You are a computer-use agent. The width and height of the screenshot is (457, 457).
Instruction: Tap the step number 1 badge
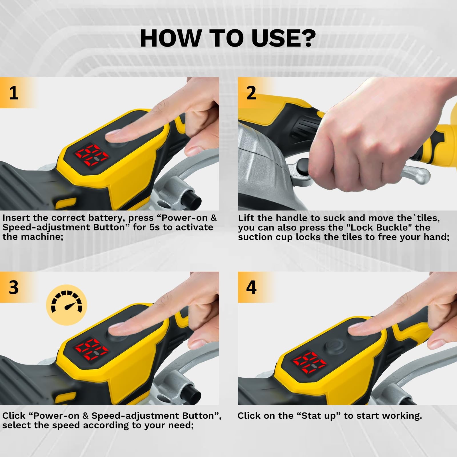click(x=14, y=93)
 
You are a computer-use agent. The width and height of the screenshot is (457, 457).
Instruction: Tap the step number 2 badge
click(x=251, y=93)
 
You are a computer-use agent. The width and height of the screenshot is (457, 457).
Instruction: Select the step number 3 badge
click(x=14, y=287)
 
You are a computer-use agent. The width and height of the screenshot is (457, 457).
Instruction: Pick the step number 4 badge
click(x=251, y=287)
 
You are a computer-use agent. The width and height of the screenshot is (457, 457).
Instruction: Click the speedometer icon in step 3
click(x=66, y=305)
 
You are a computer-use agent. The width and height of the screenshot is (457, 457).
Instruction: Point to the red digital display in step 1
click(x=92, y=156)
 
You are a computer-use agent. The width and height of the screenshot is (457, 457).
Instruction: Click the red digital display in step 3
click(x=91, y=350)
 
